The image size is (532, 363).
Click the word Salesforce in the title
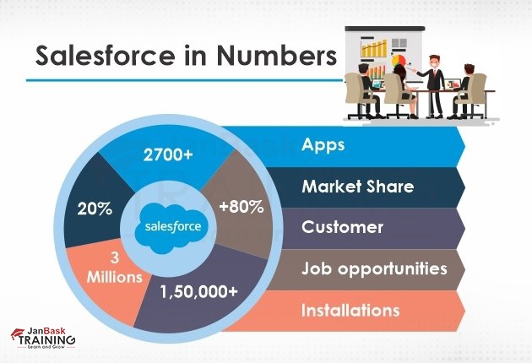[x=93, y=57]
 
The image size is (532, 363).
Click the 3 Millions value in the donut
[x=114, y=267]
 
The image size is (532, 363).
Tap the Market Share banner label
[x=357, y=186]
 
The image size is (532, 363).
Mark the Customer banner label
[x=342, y=227]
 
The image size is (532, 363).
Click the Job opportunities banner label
[x=374, y=268]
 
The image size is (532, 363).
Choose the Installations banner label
[x=350, y=311]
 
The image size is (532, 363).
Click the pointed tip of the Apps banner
[x=464, y=145]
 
